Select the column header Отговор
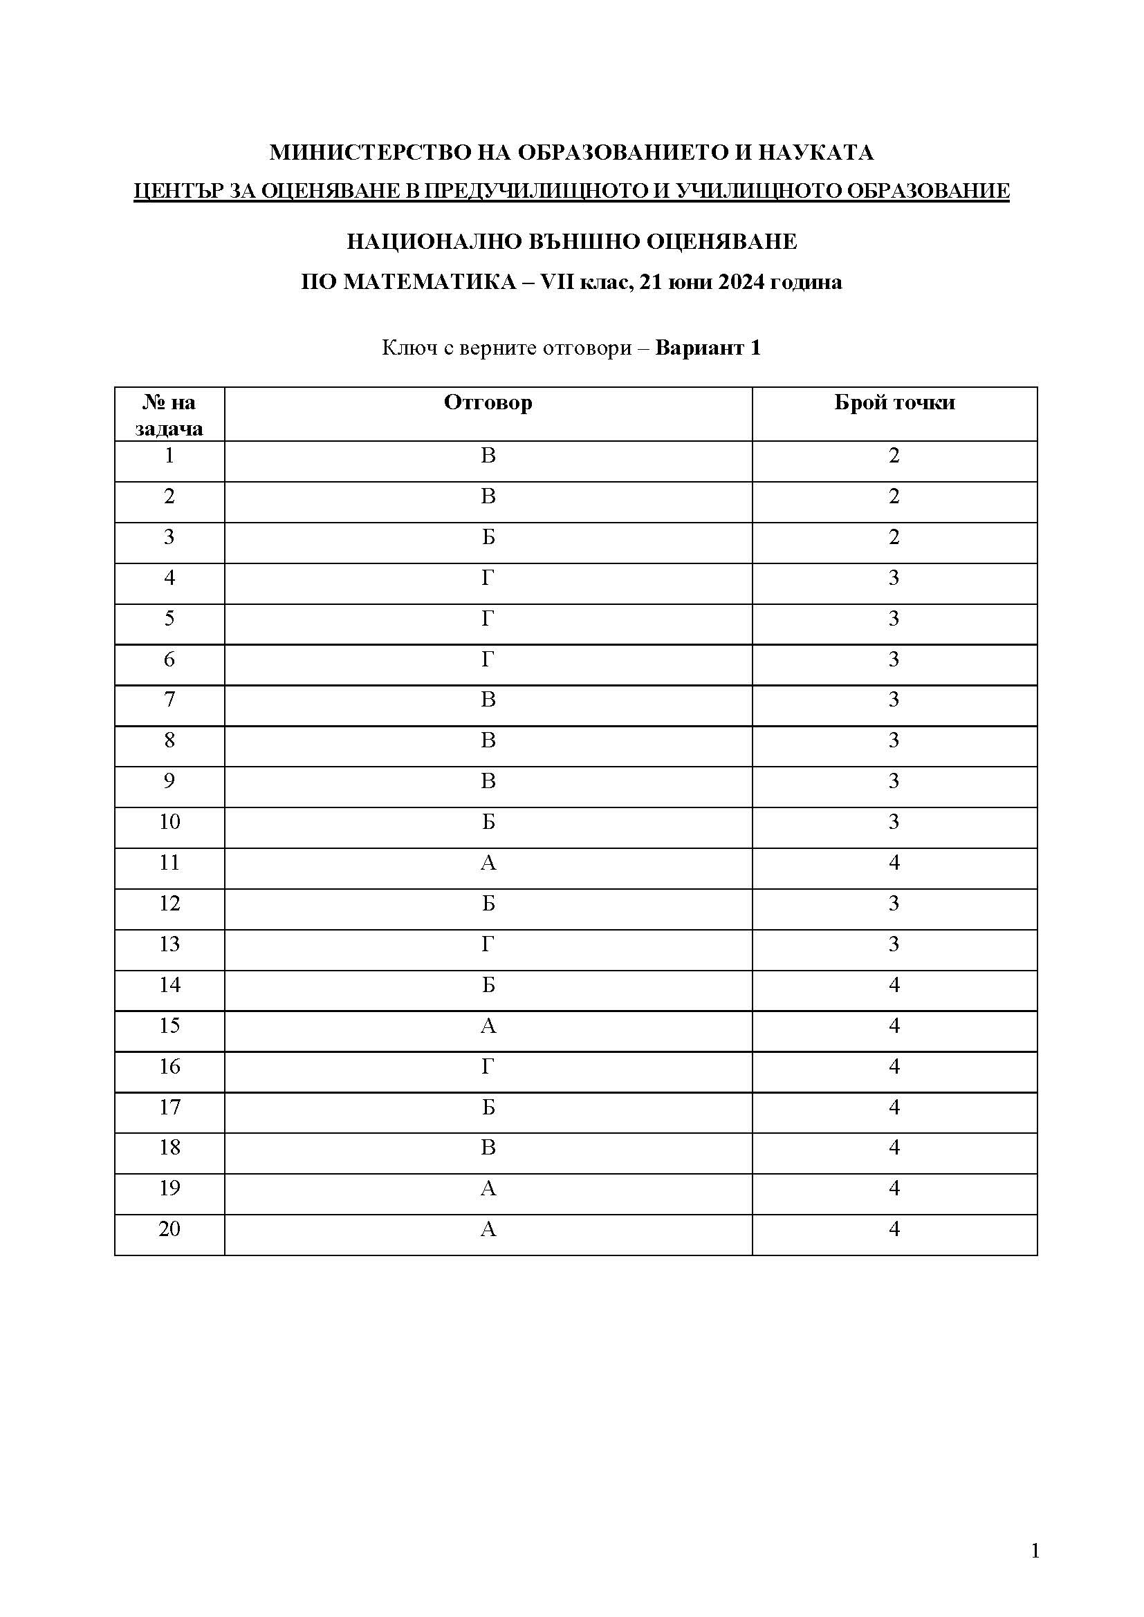coord(488,403)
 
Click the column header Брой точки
coord(894,403)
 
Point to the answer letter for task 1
coord(488,456)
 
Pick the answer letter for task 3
coord(488,537)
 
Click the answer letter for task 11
coord(488,863)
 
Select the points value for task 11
coord(894,863)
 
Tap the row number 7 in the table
coord(169,700)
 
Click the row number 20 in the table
coord(169,1229)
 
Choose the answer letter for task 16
coord(488,1066)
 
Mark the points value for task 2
coord(894,496)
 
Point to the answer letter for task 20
coord(488,1229)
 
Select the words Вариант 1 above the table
coord(708,348)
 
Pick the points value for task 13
coord(894,944)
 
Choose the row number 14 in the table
coord(169,985)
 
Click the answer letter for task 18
coord(488,1148)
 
